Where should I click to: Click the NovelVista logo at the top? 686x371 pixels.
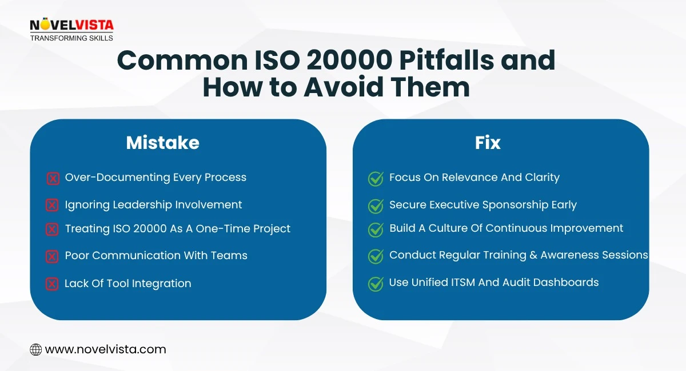coord(71,26)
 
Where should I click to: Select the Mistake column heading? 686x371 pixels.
coord(163,143)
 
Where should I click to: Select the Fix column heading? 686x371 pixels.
coord(488,143)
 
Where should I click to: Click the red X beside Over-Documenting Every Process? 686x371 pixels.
coord(53,179)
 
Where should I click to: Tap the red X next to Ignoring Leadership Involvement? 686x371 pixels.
coord(52,205)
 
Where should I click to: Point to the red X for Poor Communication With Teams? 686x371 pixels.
coord(52,256)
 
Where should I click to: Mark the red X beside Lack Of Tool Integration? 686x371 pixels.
coord(52,284)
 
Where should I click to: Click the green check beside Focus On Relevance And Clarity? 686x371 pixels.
coord(376,179)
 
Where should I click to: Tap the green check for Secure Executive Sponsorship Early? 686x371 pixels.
coord(376,205)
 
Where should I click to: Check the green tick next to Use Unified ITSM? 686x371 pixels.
coord(376,283)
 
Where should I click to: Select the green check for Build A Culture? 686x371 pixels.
coord(376,229)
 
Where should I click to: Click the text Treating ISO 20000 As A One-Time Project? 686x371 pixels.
coord(177,229)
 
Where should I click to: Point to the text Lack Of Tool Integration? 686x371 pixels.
coord(127,283)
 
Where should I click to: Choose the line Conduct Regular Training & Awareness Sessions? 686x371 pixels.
coord(519,255)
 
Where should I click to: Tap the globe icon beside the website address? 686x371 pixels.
coord(35,349)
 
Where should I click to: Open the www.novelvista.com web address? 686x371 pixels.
coord(105,349)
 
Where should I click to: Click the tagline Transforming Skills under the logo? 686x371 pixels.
coord(71,38)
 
